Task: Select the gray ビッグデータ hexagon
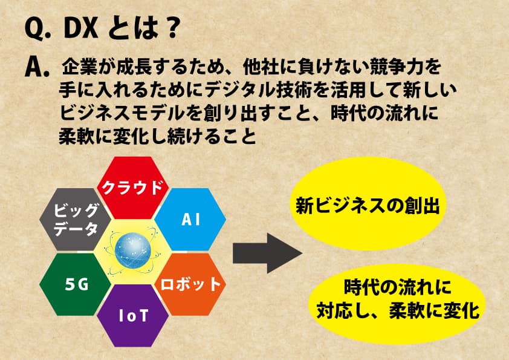(x=76, y=219)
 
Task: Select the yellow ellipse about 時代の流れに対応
(x=398, y=301)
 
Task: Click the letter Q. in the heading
(x=38, y=30)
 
